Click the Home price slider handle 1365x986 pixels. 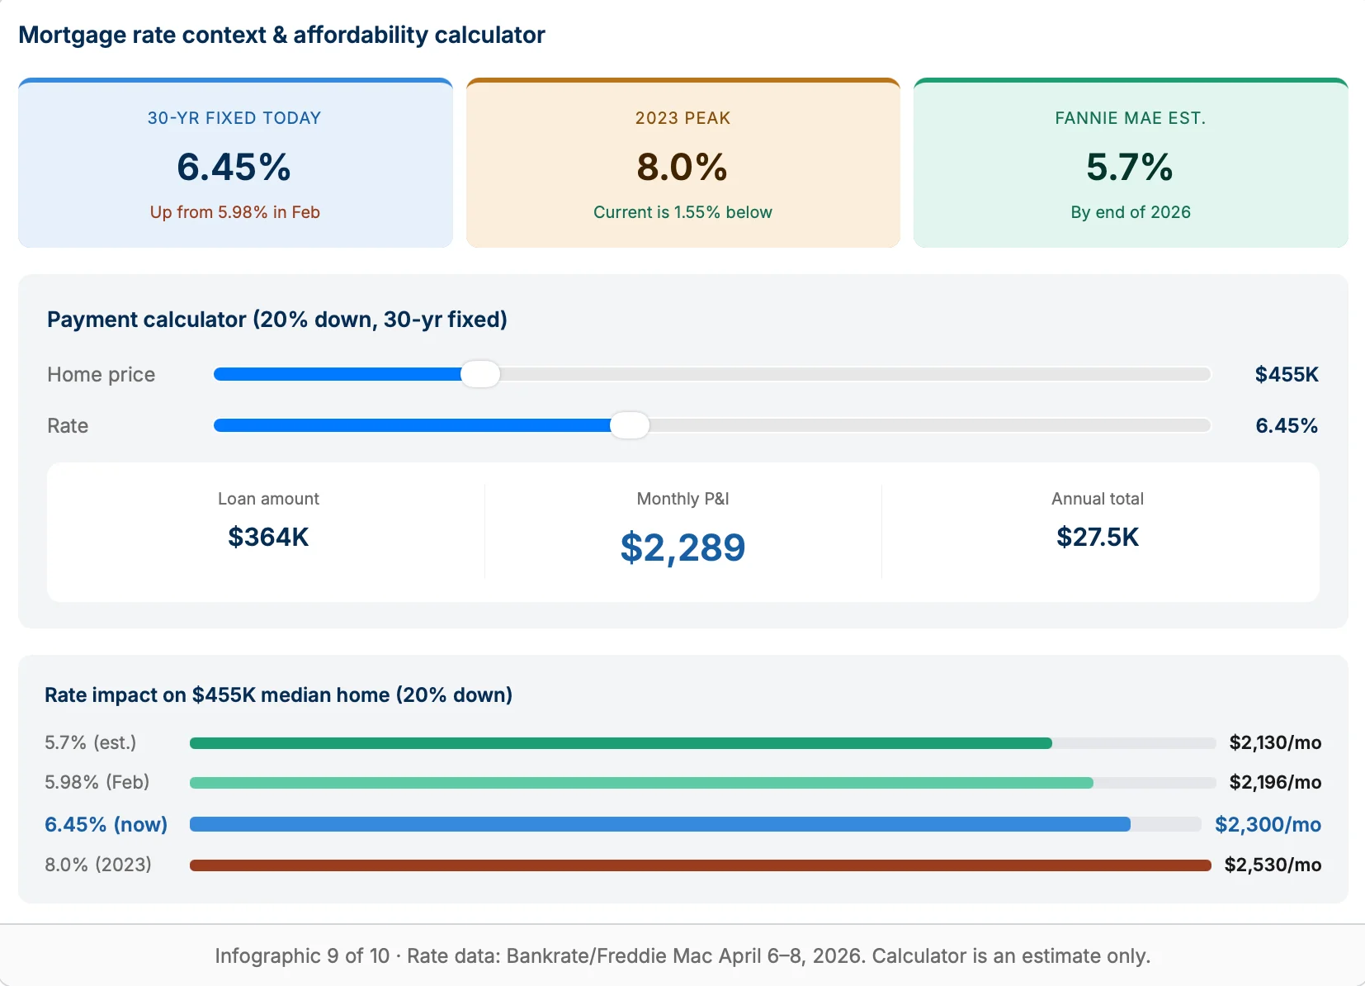(x=480, y=374)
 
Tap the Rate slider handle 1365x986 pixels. (x=630, y=425)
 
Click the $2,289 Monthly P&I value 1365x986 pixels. (x=682, y=548)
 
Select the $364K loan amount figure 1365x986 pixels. (x=268, y=537)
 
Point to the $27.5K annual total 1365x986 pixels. (x=1097, y=537)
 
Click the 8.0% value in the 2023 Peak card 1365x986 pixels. (x=682, y=167)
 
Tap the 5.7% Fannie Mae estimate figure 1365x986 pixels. (x=1130, y=167)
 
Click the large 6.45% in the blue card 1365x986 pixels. (x=234, y=167)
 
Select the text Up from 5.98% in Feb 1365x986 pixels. (x=234, y=212)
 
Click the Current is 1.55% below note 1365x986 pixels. (x=682, y=212)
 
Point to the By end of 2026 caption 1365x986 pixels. (x=1130, y=212)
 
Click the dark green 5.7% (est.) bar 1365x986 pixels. (x=621, y=743)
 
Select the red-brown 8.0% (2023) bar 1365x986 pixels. (x=700, y=865)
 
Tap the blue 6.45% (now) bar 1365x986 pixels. (x=659, y=824)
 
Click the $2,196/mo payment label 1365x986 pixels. (x=1275, y=782)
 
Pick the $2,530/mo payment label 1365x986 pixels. (x=1273, y=865)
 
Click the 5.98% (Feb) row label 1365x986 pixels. (x=97, y=782)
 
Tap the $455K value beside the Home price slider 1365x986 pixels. (x=1287, y=374)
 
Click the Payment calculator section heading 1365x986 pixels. (x=277, y=320)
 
